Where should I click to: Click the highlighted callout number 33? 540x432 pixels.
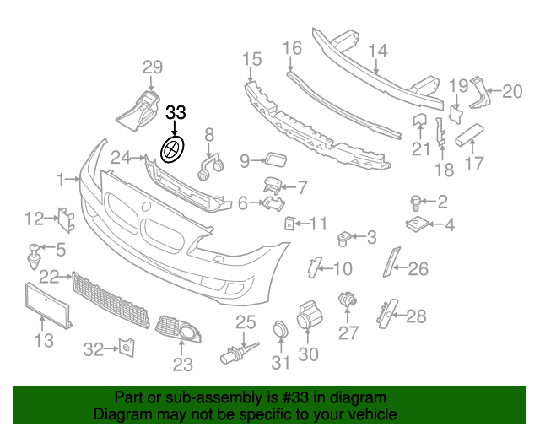pyautogui.click(x=175, y=112)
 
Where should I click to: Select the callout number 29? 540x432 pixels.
pyautogui.click(x=151, y=67)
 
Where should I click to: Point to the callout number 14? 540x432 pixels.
pyautogui.click(x=377, y=51)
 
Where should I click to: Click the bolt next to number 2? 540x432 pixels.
pyautogui.click(x=416, y=202)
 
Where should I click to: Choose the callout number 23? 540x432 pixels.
pyautogui.click(x=182, y=364)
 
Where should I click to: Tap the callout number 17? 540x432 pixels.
pyautogui.click(x=475, y=163)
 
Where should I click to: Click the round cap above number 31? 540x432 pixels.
pyautogui.click(x=279, y=331)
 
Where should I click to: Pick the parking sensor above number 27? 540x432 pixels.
pyautogui.click(x=345, y=300)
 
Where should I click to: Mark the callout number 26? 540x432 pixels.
pyautogui.click(x=418, y=269)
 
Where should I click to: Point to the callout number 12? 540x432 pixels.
pyautogui.click(x=34, y=219)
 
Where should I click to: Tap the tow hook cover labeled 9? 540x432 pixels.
pyautogui.click(x=274, y=158)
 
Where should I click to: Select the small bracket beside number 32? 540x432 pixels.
pyautogui.click(x=126, y=347)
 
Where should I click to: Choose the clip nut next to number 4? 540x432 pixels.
pyautogui.click(x=418, y=224)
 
